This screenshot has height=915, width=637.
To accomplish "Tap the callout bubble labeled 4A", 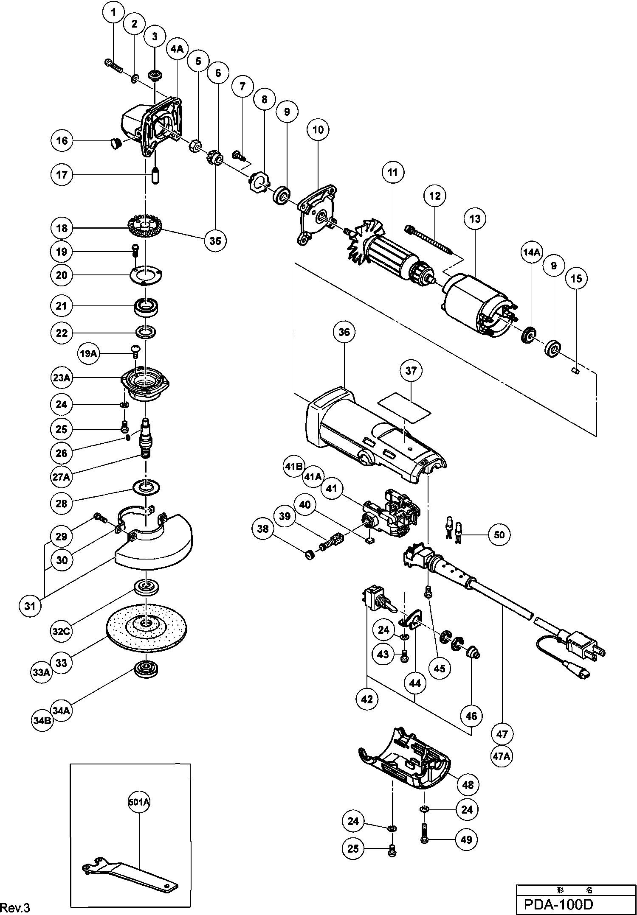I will click(177, 50).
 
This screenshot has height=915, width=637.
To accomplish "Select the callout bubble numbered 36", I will click(344, 332).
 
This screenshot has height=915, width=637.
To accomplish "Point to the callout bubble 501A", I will click(139, 802).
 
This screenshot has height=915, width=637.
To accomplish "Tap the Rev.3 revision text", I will click(15, 907).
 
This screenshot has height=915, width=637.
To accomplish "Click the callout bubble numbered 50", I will click(499, 534).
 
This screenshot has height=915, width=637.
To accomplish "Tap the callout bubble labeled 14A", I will click(531, 252).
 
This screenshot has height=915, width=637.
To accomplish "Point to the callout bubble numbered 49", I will click(466, 839).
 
